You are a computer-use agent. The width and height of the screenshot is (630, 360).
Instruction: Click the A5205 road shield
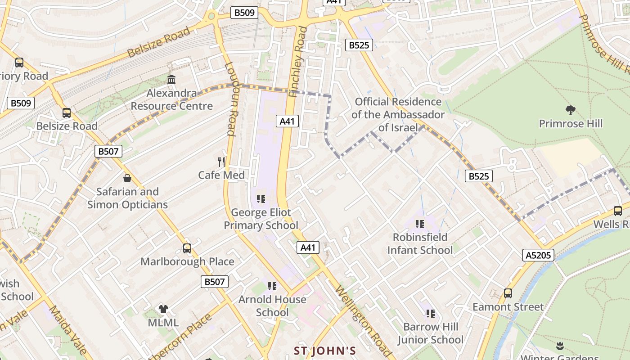539,256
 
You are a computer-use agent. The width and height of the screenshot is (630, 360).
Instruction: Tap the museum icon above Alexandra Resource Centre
171,79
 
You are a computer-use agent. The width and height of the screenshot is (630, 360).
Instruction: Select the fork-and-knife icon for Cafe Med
221,162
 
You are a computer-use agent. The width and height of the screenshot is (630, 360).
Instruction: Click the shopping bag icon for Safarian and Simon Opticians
127,178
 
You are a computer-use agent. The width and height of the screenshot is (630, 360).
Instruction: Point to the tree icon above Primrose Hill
570,110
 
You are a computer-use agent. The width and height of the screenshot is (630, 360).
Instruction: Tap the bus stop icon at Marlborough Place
187,248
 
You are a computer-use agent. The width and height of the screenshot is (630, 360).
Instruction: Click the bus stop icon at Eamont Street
508,293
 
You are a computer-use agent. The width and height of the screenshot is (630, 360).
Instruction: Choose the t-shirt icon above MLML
163,309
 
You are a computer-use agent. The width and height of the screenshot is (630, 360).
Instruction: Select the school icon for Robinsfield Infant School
420,224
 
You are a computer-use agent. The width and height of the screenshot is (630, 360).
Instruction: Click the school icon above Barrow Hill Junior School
430,313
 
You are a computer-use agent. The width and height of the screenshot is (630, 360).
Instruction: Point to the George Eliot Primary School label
261,219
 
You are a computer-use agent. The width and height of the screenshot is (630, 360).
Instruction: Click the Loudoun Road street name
230,99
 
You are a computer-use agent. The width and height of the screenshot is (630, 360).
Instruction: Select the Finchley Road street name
299,62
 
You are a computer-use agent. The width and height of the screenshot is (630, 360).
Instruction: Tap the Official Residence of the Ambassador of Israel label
398,115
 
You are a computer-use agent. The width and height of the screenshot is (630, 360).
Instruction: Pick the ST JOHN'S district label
325,351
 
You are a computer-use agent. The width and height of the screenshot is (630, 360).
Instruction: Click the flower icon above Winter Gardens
560,346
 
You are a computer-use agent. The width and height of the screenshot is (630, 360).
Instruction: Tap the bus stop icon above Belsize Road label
67,112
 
